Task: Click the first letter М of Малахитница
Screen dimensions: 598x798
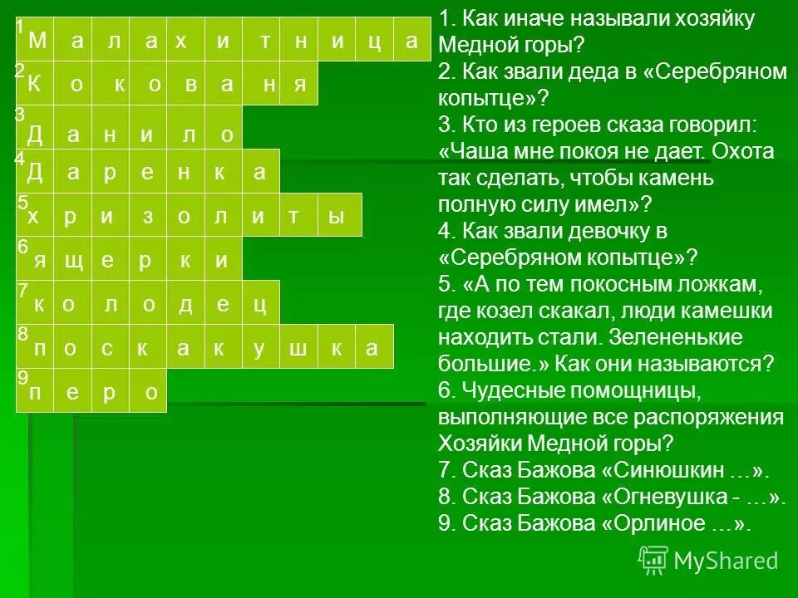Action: [x=38, y=41]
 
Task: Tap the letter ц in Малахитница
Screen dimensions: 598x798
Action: [x=375, y=42]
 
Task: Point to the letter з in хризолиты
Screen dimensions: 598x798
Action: [x=147, y=217]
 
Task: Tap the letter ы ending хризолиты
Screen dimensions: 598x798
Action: [x=336, y=217]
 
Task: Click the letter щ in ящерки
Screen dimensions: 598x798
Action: [x=73, y=261]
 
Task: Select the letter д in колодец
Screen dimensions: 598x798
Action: [x=186, y=305]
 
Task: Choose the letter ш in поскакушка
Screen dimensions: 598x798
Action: [x=298, y=349]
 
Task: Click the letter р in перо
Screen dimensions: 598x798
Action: [x=109, y=394]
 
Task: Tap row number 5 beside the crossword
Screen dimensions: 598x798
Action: [x=23, y=202]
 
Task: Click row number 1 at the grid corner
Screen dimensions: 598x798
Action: [x=20, y=27]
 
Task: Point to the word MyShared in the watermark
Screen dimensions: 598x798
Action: [x=726, y=561]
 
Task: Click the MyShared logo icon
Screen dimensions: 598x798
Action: [x=653, y=561]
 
